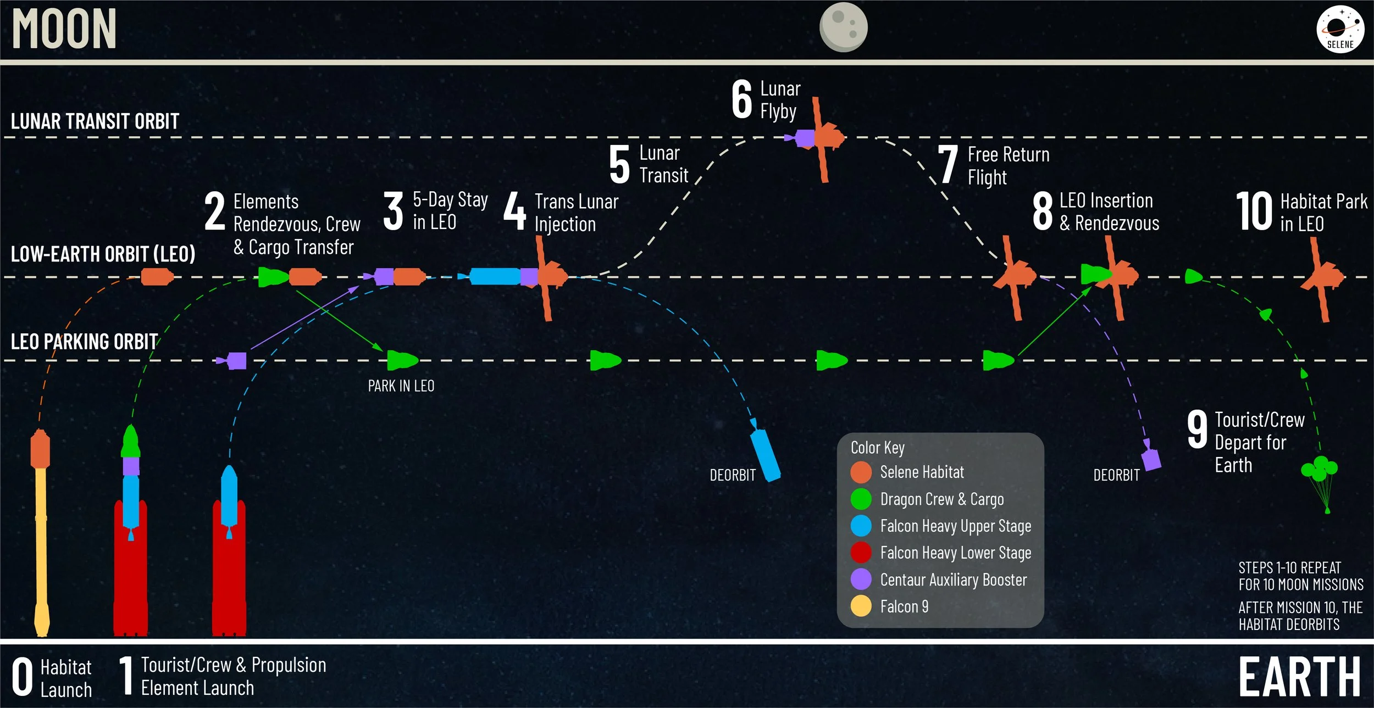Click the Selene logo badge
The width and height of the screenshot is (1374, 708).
pos(1340,29)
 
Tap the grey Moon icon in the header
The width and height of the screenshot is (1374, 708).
pos(843,27)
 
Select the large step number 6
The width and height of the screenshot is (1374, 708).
pos(741,99)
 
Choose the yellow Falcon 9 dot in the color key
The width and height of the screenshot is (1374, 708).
pos(861,606)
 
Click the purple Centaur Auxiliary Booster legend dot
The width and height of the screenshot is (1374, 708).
pos(861,579)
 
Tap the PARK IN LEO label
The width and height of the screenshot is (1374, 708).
pos(401,386)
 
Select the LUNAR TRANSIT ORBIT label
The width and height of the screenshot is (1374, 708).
pos(95,121)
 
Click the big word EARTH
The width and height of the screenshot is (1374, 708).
pos(1299,677)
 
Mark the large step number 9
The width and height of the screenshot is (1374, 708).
pos(1197,429)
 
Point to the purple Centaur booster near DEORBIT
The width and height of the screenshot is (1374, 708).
pos(1151,459)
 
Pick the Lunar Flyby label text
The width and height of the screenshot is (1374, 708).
pos(779,100)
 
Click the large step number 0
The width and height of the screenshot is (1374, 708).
pos(23,677)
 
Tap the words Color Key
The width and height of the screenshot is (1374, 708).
pos(877,448)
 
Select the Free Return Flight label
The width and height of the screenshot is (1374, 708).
pos(1008,165)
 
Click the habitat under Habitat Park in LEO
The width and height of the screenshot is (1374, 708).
pos(1323,277)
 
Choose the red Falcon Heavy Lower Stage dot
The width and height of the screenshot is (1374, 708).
pos(861,552)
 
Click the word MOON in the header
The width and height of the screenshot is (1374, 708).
pos(64,29)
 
